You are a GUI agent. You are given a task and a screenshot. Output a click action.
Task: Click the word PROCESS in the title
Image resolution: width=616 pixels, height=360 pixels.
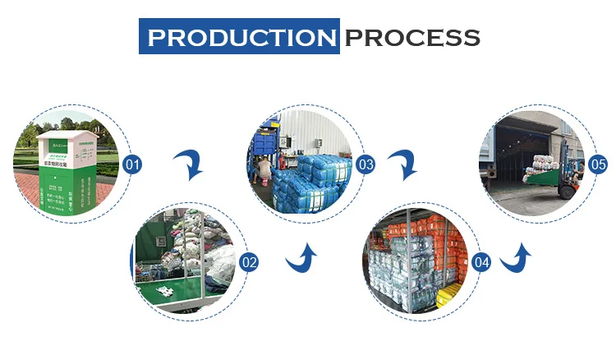(x=411, y=37)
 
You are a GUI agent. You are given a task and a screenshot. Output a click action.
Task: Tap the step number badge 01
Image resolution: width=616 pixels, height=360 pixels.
(x=132, y=165)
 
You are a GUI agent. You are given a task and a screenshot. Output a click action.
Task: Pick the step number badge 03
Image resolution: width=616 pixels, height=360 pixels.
(x=365, y=165)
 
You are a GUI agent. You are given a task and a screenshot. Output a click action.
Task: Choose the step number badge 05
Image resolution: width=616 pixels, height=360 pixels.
(x=599, y=165)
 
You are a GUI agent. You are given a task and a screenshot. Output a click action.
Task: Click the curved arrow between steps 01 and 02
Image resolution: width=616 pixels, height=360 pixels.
(x=191, y=165)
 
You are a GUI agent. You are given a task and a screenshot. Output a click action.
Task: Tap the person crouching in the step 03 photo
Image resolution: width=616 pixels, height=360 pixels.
(x=264, y=169)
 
